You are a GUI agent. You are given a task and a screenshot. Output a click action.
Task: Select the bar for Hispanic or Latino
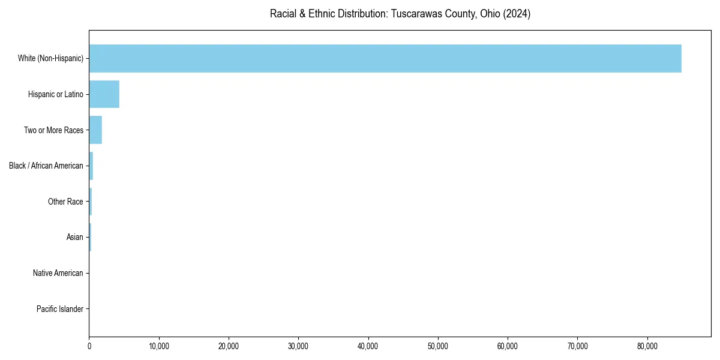pos(104,94)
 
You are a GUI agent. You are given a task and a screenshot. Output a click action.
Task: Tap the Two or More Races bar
pos(95,130)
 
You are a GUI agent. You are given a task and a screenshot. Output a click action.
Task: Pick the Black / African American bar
pos(91,166)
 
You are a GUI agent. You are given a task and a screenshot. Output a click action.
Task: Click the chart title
pos(400,14)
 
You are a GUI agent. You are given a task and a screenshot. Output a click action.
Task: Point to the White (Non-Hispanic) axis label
pos(50,58)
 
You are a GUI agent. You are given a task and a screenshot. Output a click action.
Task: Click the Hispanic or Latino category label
pos(56,94)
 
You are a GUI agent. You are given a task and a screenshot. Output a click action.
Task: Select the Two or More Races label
pos(53,130)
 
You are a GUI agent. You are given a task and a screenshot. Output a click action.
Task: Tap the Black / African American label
pos(46,166)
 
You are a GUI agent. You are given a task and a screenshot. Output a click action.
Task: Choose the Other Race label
pos(65,202)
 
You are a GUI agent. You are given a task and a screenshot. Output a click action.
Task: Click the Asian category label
pos(75,237)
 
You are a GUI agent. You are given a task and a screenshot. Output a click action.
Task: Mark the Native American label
pos(58,273)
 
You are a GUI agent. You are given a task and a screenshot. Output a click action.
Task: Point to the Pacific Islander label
pos(60,309)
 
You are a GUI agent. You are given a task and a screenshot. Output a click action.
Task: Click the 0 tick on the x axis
pos(89,346)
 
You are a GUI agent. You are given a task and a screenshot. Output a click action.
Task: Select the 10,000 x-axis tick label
pos(159,346)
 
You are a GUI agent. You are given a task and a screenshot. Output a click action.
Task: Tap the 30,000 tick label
pos(298,346)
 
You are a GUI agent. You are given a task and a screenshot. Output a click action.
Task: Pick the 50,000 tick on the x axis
pos(438,346)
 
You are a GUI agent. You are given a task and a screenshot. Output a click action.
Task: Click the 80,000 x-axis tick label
pos(647,346)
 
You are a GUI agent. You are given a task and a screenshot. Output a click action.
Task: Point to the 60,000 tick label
pos(508,346)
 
